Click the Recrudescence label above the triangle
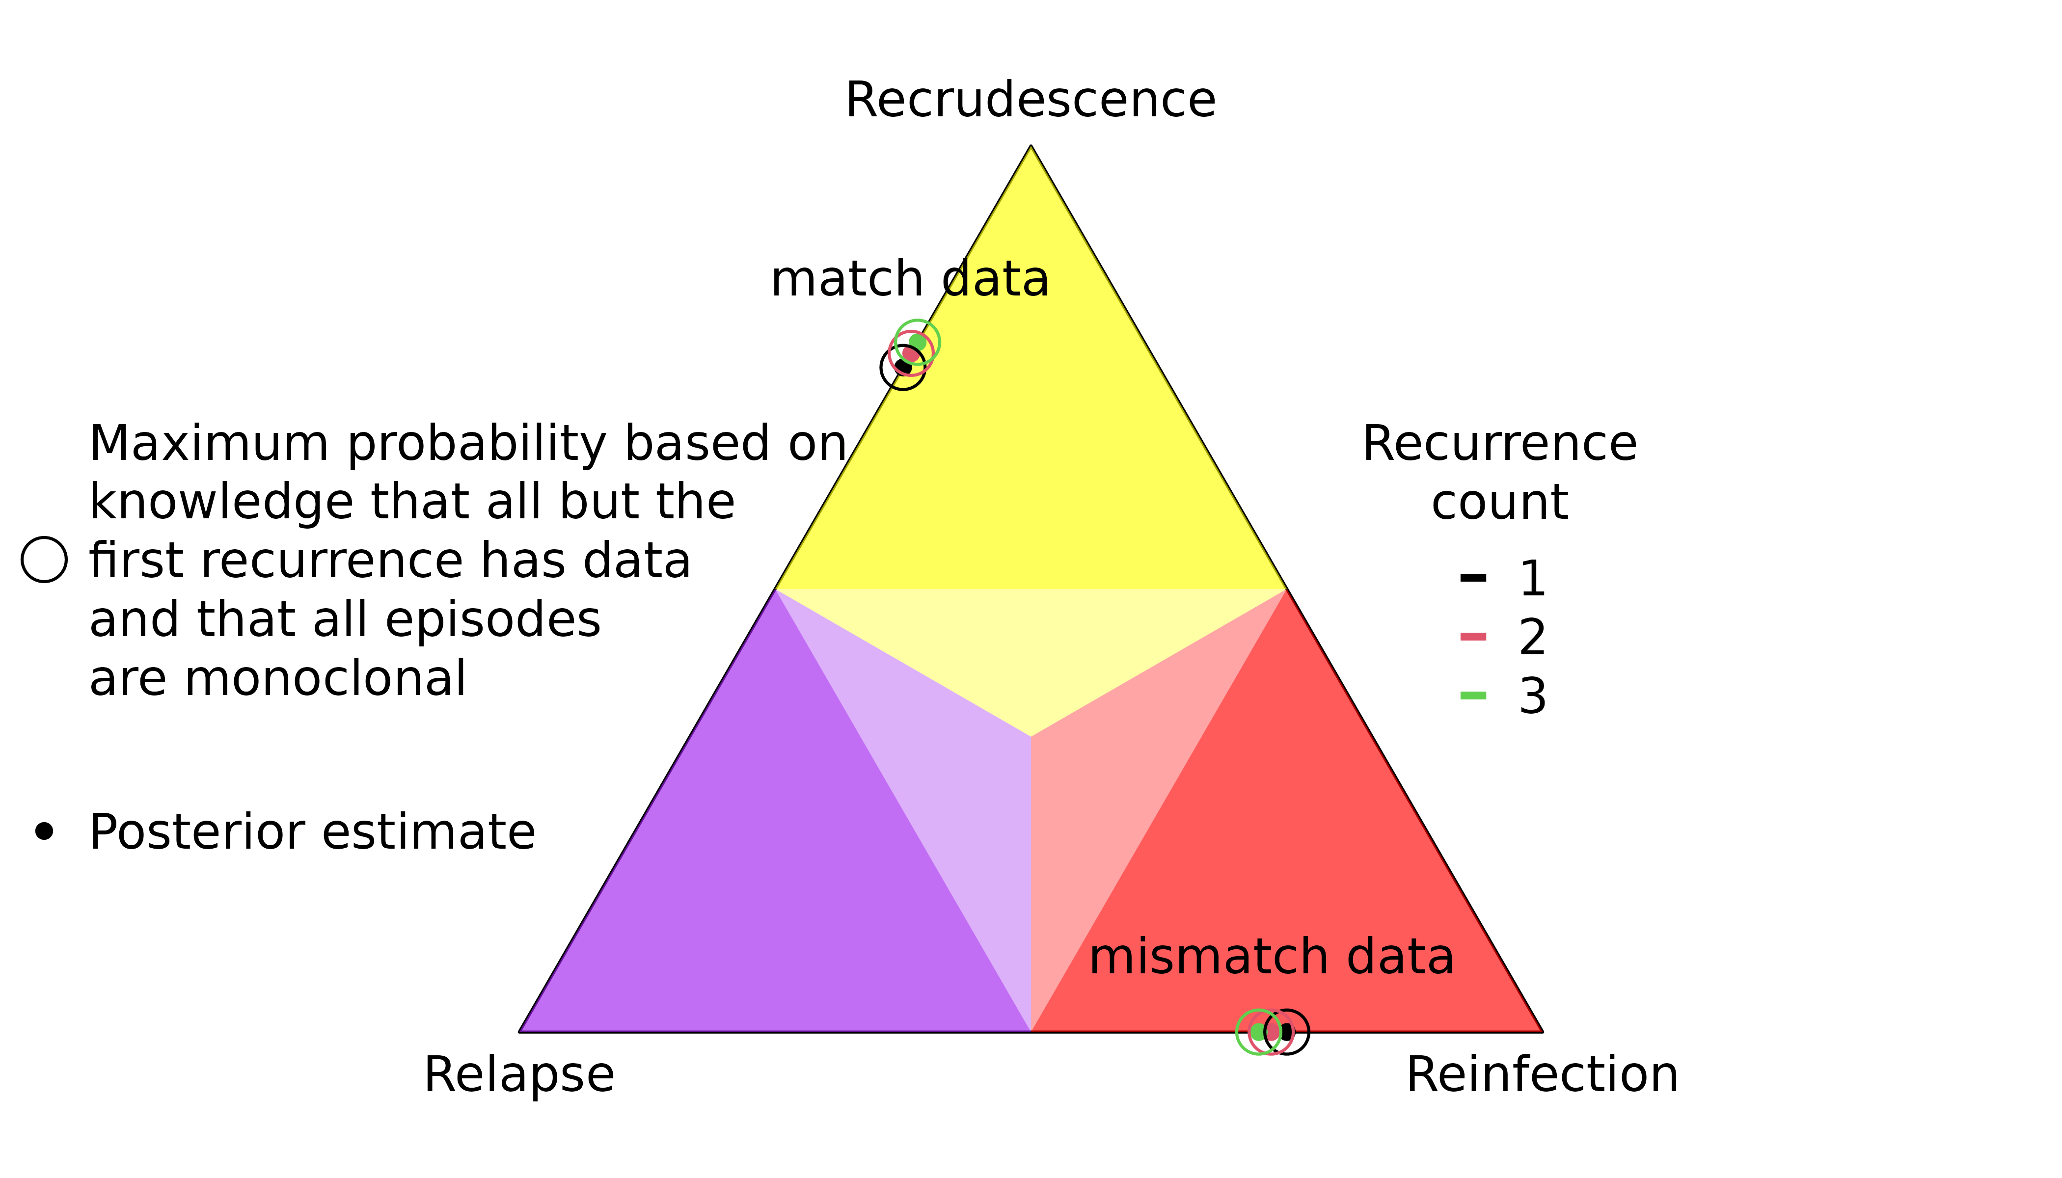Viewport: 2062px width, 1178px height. tap(1030, 100)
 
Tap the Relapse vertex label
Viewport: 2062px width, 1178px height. tap(519, 1076)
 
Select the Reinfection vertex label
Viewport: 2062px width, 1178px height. tap(1543, 1075)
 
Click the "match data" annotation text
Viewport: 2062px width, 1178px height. tap(910, 279)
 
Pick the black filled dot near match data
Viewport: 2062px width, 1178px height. tap(903, 367)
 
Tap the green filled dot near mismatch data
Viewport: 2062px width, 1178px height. tap(1258, 1032)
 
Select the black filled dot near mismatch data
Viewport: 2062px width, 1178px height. tap(1286, 1032)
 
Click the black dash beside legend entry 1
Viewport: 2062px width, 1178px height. tap(1473, 578)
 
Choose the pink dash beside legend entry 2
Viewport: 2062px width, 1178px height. tap(1473, 637)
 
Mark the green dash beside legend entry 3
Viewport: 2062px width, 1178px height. tap(1473, 695)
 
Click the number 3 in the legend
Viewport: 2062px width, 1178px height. tap(1532, 696)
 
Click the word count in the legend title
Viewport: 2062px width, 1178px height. tap(1499, 503)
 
